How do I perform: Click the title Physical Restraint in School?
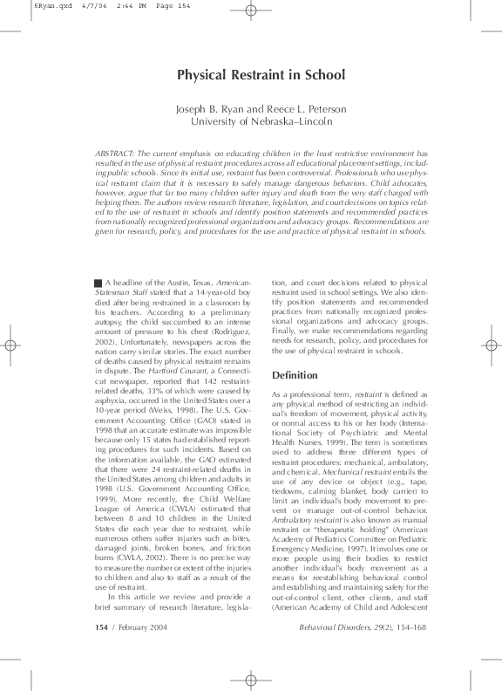coord(250,75)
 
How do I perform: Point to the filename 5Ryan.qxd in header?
coord(24,5)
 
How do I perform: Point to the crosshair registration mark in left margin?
coord(9,345)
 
